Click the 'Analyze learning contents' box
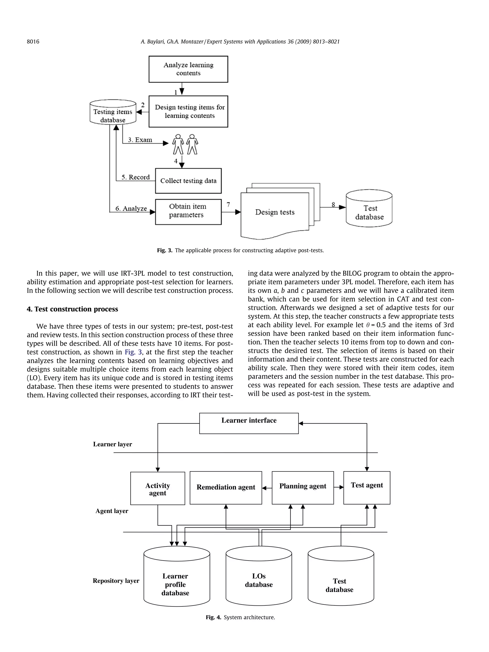(188, 69)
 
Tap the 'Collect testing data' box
(188, 181)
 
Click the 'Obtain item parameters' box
(188, 212)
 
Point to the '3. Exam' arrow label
(140, 140)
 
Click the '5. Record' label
(136, 177)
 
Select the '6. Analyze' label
(131, 208)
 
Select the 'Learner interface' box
(249, 423)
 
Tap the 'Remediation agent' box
(226, 488)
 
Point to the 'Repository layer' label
(116, 580)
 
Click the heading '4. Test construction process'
(72, 309)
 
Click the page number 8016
(33, 42)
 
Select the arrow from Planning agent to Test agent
(339, 487)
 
